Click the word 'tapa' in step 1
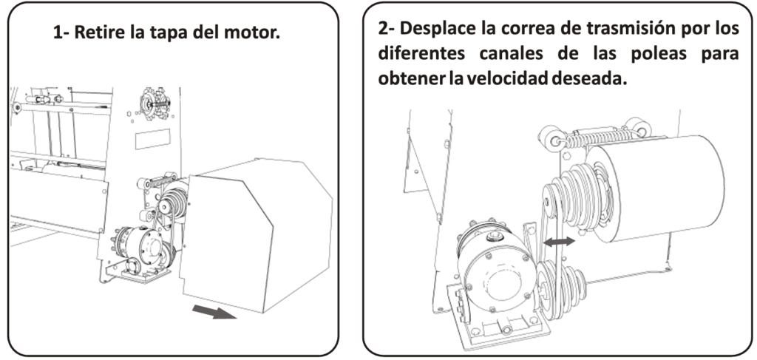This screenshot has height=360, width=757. coord(167,33)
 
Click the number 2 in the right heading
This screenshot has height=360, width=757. coord(382,30)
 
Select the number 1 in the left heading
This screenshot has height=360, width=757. coord(58,33)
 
